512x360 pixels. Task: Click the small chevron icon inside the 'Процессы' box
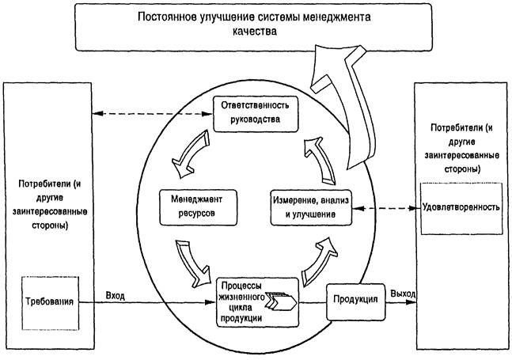(x=283, y=301)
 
